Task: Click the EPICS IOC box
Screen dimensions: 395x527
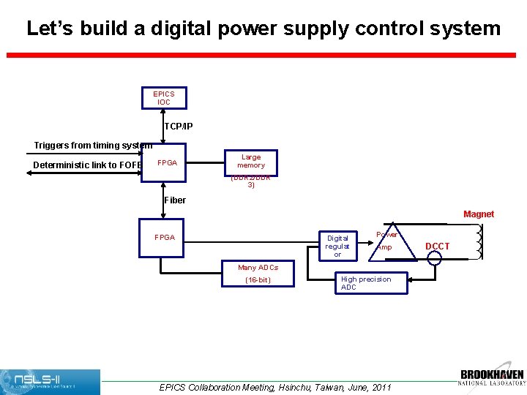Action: (x=163, y=98)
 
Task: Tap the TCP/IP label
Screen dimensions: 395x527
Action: (x=179, y=127)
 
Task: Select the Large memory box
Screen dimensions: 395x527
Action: (x=250, y=161)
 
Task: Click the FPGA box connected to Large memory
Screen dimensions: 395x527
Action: (x=167, y=162)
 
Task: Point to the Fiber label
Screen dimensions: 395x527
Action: (x=176, y=200)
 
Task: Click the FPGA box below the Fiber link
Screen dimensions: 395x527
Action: (x=162, y=237)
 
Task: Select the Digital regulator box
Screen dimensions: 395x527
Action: (x=337, y=246)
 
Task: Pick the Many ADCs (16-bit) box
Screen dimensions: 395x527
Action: (x=258, y=274)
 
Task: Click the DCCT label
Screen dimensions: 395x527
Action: (x=438, y=247)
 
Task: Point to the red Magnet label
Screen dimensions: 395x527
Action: (x=479, y=214)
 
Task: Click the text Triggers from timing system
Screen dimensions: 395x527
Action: (x=93, y=146)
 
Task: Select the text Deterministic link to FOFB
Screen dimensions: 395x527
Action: (x=87, y=165)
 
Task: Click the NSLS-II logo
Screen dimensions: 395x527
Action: (x=51, y=382)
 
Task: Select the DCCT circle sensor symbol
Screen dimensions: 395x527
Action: (x=435, y=257)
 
